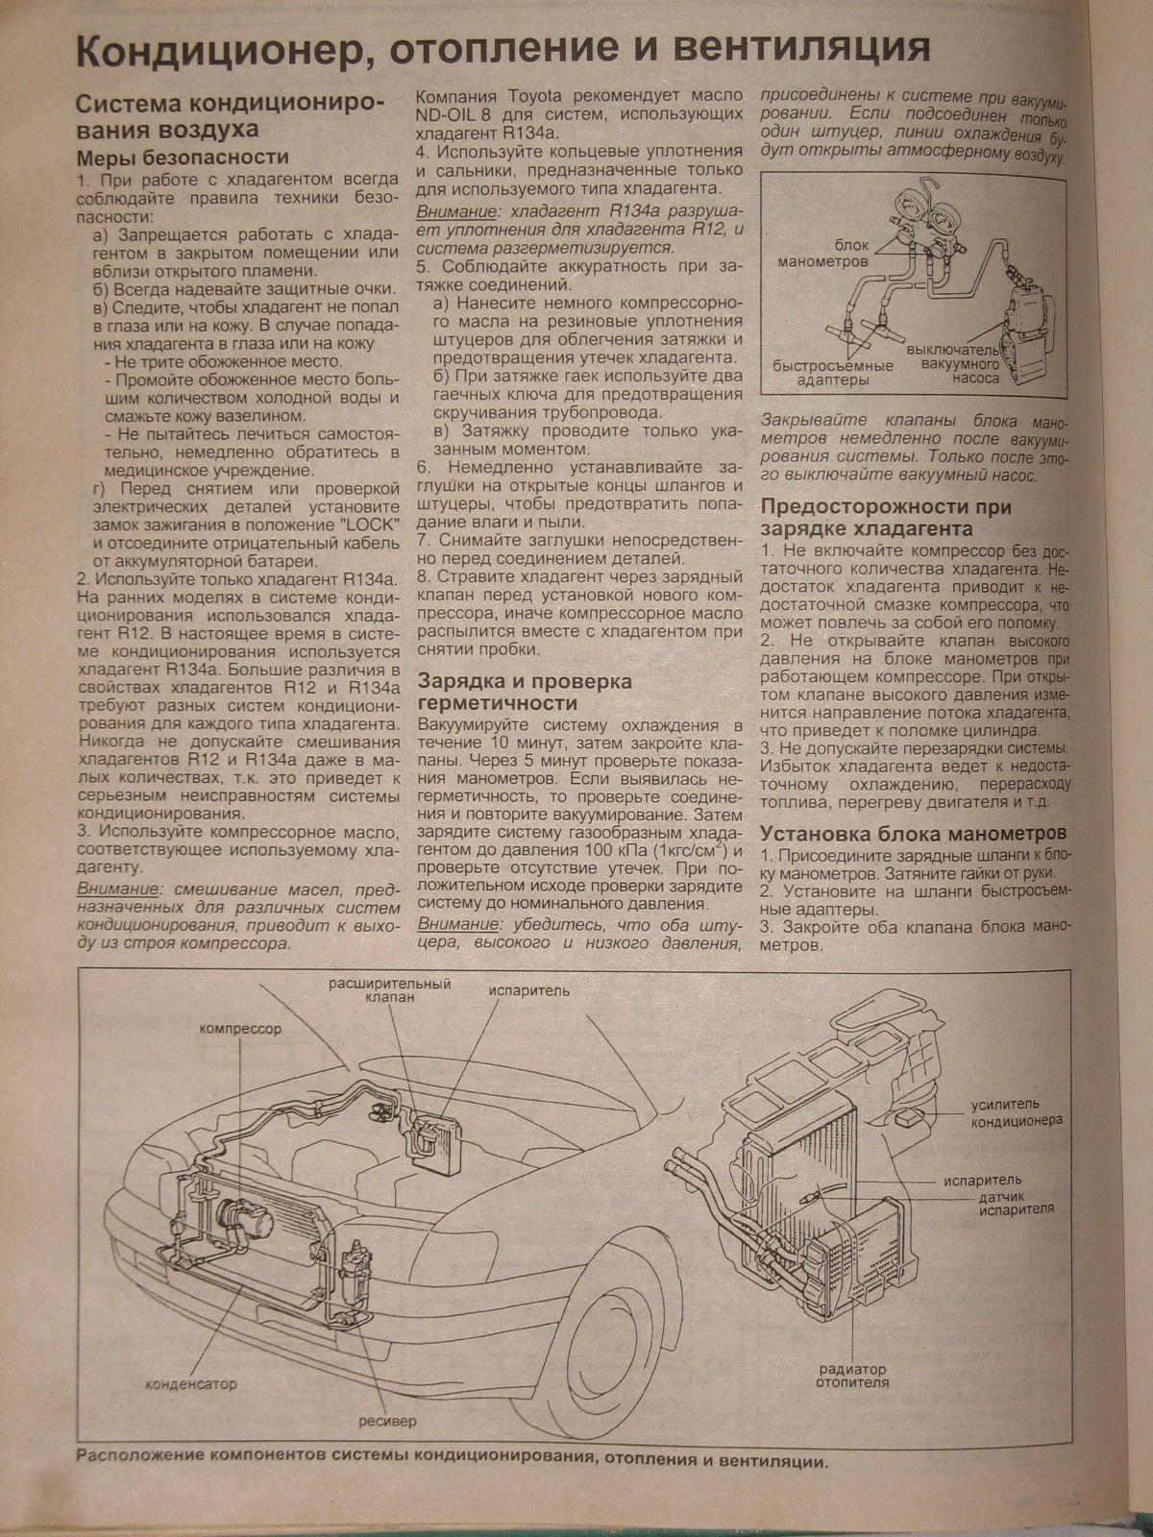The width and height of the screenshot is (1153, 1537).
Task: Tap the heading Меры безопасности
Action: tap(183, 157)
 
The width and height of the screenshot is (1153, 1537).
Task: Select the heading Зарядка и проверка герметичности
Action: tap(525, 692)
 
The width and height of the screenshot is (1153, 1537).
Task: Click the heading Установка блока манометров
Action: tap(913, 833)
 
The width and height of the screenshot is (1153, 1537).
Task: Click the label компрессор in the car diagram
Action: tap(240, 1029)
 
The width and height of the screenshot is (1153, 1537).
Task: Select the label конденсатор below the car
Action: tap(191, 1384)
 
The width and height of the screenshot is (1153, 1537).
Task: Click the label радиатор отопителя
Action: tap(852, 1376)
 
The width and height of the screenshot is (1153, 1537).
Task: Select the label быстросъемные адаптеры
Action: tap(832, 373)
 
